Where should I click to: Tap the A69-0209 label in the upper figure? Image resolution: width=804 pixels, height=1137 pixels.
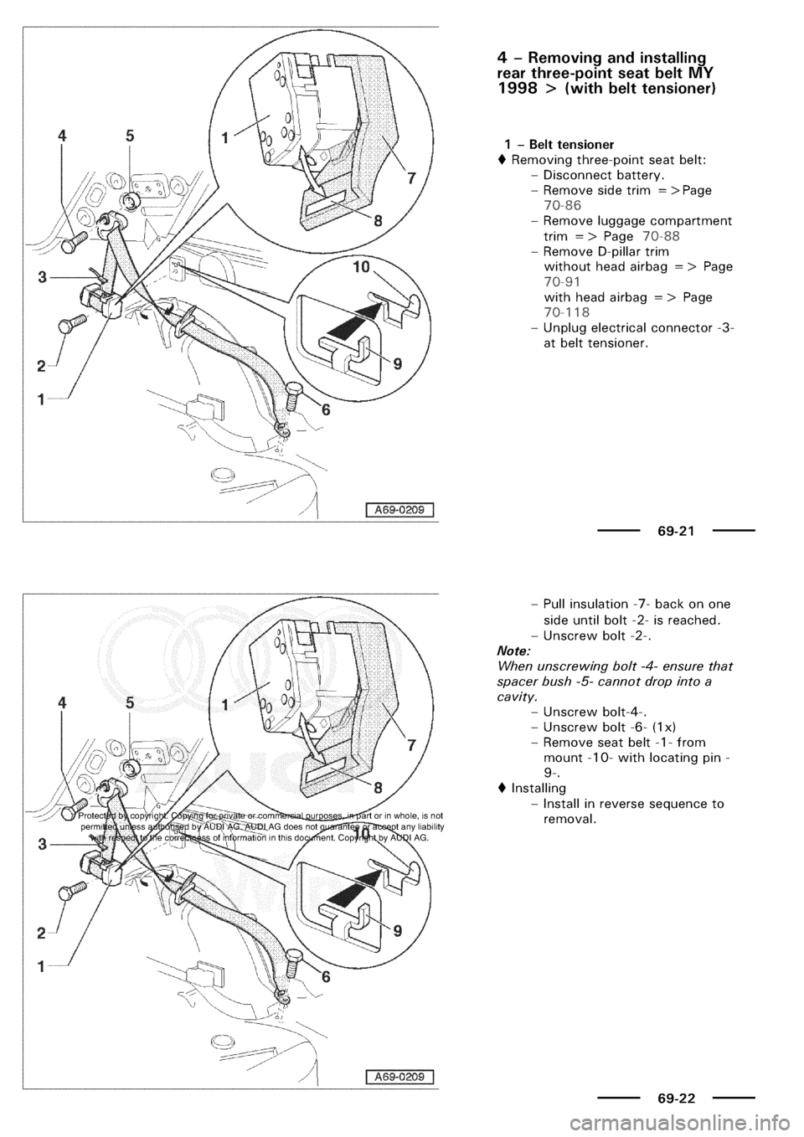point(399,509)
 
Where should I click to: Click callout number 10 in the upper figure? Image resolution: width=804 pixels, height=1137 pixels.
point(361,266)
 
